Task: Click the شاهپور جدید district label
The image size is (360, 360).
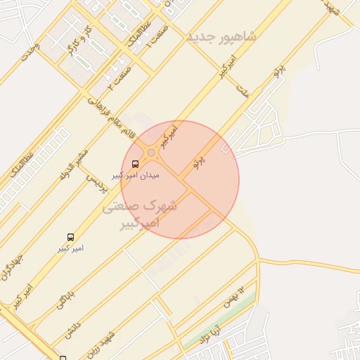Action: click(221, 36)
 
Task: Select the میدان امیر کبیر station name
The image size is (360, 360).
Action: click(136, 174)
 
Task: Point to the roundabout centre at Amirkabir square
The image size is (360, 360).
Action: click(151, 153)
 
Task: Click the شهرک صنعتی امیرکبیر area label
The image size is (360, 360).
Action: click(141, 214)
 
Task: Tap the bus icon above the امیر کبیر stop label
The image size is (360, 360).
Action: click(70, 238)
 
